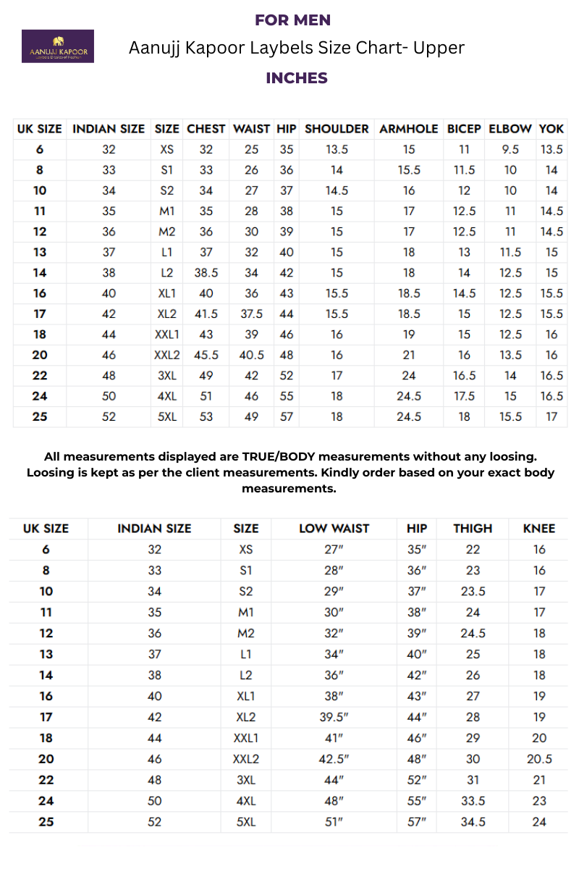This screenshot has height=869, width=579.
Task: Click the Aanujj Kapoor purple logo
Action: click(58, 46)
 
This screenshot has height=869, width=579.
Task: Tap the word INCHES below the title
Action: click(297, 78)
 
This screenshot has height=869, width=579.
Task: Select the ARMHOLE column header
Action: click(409, 129)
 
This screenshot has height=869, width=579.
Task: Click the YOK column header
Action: click(551, 129)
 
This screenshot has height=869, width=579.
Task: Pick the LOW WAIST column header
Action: click(334, 529)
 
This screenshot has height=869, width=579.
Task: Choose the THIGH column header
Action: click(473, 529)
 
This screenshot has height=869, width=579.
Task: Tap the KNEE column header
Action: click(539, 529)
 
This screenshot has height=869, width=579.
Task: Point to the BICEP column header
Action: click(464, 129)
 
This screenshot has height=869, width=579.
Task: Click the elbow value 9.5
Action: click(511, 150)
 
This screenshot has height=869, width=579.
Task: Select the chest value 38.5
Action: click(206, 273)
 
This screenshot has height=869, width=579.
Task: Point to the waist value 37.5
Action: click(251, 314)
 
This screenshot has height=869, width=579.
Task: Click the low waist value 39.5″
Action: click(334, 717)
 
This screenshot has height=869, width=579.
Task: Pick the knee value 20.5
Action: click(539, 759)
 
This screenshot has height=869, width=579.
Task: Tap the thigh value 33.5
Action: click(473, 801)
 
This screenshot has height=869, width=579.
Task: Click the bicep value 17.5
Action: click(464, 396)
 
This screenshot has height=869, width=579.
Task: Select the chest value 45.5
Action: click(206, 356)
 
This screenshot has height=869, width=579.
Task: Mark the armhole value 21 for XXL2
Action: click(409, 356)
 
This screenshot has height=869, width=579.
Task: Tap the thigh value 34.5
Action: click(473, 822)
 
